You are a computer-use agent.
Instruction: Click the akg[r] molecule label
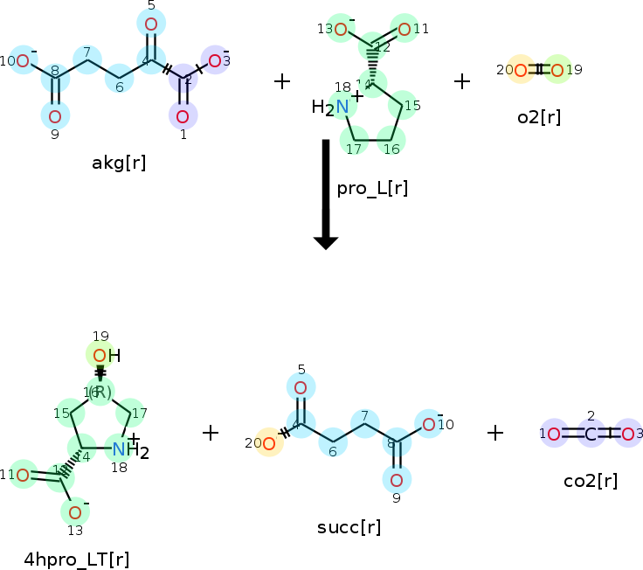[119, 163]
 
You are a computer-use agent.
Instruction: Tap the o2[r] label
[538, 117]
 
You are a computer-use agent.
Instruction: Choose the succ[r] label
[349, 528]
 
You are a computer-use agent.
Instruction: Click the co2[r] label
[591, 481]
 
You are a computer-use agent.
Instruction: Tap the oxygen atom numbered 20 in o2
[521, 70]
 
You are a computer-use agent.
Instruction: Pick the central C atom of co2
[591, 434]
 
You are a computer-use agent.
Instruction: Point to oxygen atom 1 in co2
[554, 434]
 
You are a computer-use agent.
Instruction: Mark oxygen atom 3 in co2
[627, 434]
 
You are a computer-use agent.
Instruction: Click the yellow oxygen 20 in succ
[268, 445]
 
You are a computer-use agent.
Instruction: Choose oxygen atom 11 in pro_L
[404, 30]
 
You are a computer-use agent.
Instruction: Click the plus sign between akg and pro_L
[281, 81]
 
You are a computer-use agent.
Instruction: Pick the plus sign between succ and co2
[495, 433]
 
